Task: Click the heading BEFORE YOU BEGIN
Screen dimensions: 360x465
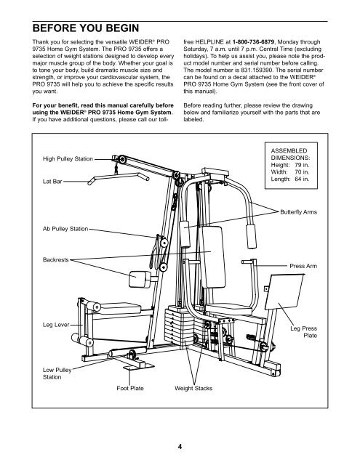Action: [86, 28]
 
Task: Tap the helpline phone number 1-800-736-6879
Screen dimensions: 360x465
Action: [253, 42]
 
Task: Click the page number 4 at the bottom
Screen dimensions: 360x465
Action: [180, 446]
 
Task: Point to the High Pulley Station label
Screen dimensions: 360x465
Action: [68, 159]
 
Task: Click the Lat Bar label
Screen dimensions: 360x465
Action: [52, 182]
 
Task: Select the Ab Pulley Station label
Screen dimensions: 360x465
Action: [65, 229]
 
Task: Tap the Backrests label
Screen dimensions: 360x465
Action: [56, 260]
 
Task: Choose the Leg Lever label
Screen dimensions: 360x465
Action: [56, 325]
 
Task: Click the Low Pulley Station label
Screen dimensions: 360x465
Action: [57, 373]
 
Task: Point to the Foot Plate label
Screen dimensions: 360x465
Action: [130, 388]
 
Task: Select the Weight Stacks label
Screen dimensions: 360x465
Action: [193, 388]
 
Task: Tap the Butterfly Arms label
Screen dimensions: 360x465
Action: [299, 212]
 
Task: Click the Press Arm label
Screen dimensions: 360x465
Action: [303, 266]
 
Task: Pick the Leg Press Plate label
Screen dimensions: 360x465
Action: [303, 332]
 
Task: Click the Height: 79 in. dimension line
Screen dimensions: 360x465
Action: [290, 165]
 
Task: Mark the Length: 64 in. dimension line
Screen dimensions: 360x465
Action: [290, 179]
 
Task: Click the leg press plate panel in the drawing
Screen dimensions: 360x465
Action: [284, 292]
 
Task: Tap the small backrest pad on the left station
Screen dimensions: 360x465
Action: [140, 279]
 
